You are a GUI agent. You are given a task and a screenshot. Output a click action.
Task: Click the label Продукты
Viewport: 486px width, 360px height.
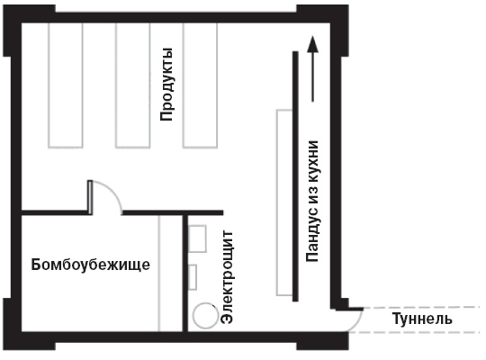pos(166,85)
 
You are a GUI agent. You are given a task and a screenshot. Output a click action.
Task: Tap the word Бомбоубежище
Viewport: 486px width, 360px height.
pos(91,265)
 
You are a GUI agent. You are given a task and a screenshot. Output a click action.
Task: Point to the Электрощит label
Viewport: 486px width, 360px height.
pos(227,277)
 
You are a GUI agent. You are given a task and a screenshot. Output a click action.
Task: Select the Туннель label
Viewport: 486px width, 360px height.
pos(422,319)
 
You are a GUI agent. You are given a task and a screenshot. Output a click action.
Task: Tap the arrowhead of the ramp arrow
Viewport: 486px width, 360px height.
pos(312,43)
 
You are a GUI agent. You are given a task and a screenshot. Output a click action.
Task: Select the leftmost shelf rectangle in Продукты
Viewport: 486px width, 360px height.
pos(66,85)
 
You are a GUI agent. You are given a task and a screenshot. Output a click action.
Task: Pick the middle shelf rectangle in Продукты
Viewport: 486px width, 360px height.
pos(132,85)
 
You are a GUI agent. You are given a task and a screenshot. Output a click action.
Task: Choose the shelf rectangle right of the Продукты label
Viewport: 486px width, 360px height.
pos(200,85)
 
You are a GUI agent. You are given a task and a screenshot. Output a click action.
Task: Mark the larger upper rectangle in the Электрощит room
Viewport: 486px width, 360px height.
pos(197,238)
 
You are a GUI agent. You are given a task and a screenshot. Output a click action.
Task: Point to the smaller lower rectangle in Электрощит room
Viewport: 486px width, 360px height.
pos(193,277)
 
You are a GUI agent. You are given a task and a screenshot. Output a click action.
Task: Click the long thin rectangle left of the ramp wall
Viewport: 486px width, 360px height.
pos(284,202)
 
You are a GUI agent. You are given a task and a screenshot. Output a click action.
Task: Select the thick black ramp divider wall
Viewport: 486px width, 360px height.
pos(295,176)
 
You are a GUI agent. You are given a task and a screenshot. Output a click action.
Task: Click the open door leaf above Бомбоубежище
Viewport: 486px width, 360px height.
pos(90,197)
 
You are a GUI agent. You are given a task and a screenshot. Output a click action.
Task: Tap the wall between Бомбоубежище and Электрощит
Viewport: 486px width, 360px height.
pos(185,274)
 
